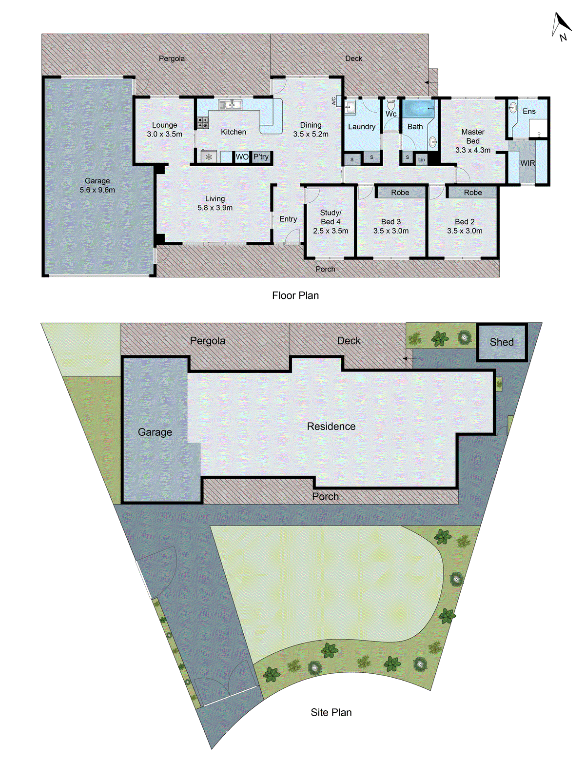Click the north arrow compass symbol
pyautogui.click(x=561, y=26)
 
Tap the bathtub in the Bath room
pyautogui.click(x=418, y=108)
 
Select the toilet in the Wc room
pyautogui.click(x=391, y=105)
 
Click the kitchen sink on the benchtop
pyautogui.click(x=230, y=104)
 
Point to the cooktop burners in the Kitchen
pyautogui.click(x=203, y=122)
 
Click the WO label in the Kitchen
pyautogui.click(x=242, y=157)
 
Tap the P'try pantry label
pyautogui.click(x=261, y=157)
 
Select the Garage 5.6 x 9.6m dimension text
pyautogui.click(x=97, y=190)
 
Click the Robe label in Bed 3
pyautogui.click(x=400, y=193)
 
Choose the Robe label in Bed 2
pyautogui.click(x=472, y=193)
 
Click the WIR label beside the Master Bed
pyautogui.click(x=527, y=163)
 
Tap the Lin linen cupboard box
pyautogui.click(x=421, y=159)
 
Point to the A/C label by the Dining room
pyautogui.click(x=334, y=101)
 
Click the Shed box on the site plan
pyautogui.click(x=502, y=342)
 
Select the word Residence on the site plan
pyautogui.click(x=331, y=427)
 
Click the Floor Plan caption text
pyautogui.click(x=295, y=295)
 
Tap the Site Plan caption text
pyautogui.click(x=331, y=712)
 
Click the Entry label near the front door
pyautogui.click(x=288, y=219)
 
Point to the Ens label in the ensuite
pyautogui.click(x=529, y=112)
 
